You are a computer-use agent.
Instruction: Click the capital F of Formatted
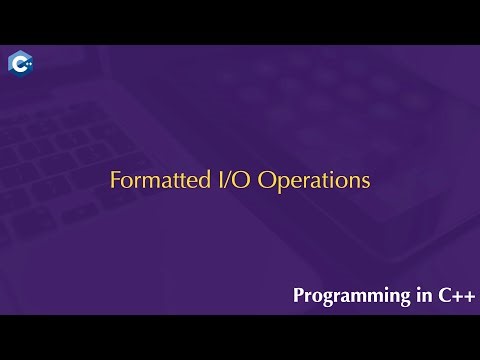click(x=114, y=181)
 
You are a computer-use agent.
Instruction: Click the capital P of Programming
click(x=298, y=296)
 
